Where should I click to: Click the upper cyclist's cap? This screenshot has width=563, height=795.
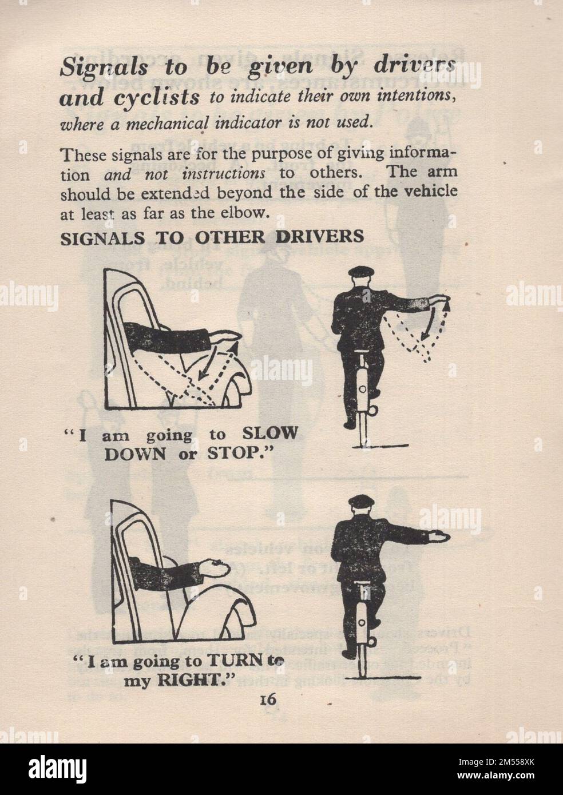click(x=360, y=270)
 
